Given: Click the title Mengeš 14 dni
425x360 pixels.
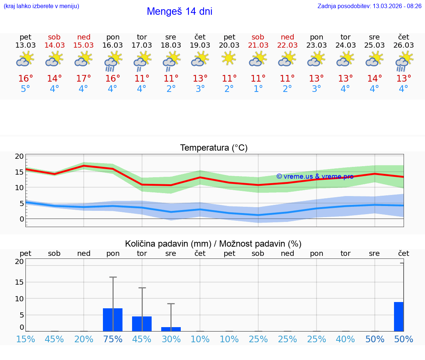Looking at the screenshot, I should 179,11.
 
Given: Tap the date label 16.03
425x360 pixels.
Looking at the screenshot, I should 113,45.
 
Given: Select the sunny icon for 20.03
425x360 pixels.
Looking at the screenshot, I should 229,58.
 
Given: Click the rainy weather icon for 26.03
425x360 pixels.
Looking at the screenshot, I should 404,61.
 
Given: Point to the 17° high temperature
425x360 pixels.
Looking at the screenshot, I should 84,79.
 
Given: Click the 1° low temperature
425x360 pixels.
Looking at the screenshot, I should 258,89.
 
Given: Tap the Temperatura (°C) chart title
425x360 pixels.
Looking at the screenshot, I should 214,148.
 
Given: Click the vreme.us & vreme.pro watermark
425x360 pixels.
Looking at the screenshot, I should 315,176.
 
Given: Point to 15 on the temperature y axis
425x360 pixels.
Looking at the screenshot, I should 20,172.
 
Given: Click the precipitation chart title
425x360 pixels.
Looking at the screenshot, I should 213,244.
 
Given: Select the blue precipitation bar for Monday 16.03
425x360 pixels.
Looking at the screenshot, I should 113,320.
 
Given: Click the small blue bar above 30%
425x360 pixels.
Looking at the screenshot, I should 171,329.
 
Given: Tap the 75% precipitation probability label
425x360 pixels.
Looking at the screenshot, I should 113,339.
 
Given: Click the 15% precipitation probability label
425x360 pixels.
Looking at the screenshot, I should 25,339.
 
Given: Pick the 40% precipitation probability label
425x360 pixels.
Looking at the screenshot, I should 345,339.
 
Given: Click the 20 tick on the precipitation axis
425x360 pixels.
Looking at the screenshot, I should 20,262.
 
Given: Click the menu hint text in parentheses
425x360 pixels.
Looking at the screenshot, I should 41,6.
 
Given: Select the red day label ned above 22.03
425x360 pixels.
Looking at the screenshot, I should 287,37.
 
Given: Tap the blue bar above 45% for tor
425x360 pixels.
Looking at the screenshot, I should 142,324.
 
